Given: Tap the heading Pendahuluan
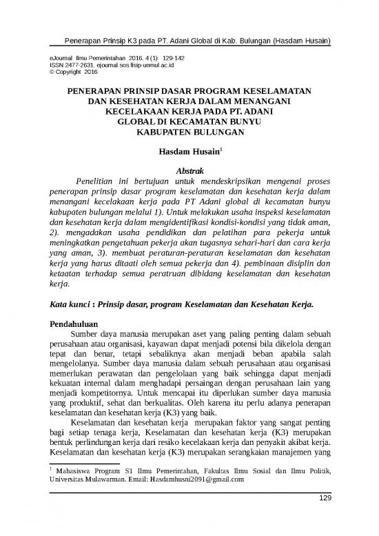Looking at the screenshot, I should [x=79, y=323].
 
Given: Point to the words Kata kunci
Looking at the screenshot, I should [x=70, y=304].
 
